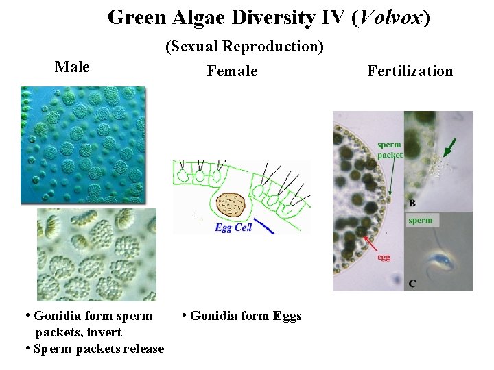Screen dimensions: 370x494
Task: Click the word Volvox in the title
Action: tap(389, 17)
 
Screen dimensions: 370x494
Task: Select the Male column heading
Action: tap(72, 66)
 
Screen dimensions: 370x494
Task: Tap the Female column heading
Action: tap(233, 71)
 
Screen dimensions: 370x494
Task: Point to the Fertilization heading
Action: tap(410, 71)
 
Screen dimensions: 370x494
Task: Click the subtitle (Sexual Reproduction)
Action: tap(244, 47)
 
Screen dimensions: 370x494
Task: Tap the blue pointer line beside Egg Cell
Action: tap(263, 227)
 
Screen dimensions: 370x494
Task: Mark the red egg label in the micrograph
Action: tap(384, 258)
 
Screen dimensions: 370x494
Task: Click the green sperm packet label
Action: tap(390, 149)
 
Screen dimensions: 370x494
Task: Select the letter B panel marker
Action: tap(412, 203)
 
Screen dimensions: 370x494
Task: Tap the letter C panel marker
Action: tap(412, 283)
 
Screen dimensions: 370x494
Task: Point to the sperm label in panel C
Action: tap(420, 220)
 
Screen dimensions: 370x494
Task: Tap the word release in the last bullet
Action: tap(143, 349)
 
